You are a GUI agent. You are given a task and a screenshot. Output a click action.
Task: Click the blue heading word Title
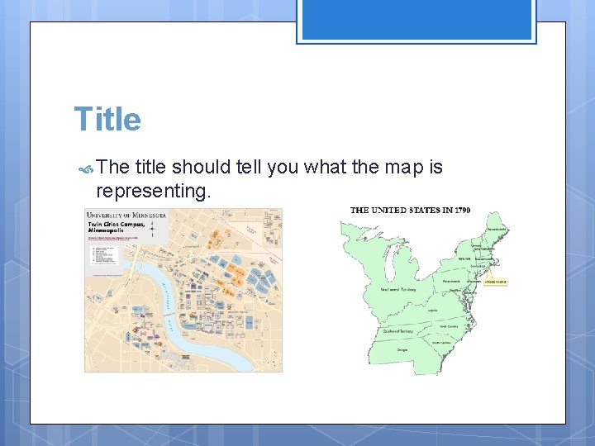click(107, 119)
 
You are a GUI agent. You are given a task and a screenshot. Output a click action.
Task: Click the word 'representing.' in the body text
click(154, 192)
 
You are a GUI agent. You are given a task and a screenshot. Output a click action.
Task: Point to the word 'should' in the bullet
click(201, 168)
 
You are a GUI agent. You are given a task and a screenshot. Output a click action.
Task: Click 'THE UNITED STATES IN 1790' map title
click(410, 210)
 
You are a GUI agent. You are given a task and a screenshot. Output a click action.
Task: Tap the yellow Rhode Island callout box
click(496, 282)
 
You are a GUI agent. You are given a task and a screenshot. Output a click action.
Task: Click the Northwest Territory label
click(397, 290)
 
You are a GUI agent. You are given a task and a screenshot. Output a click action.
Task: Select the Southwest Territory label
click(397, 330)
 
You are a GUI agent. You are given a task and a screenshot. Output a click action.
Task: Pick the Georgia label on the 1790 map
click(402, 349)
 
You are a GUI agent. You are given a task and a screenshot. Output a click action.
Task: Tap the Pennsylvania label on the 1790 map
click(451, 282)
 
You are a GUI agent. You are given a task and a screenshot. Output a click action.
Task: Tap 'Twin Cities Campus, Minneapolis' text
click(117, 228)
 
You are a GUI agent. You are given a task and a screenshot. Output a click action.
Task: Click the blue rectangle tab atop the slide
click(416, 20)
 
